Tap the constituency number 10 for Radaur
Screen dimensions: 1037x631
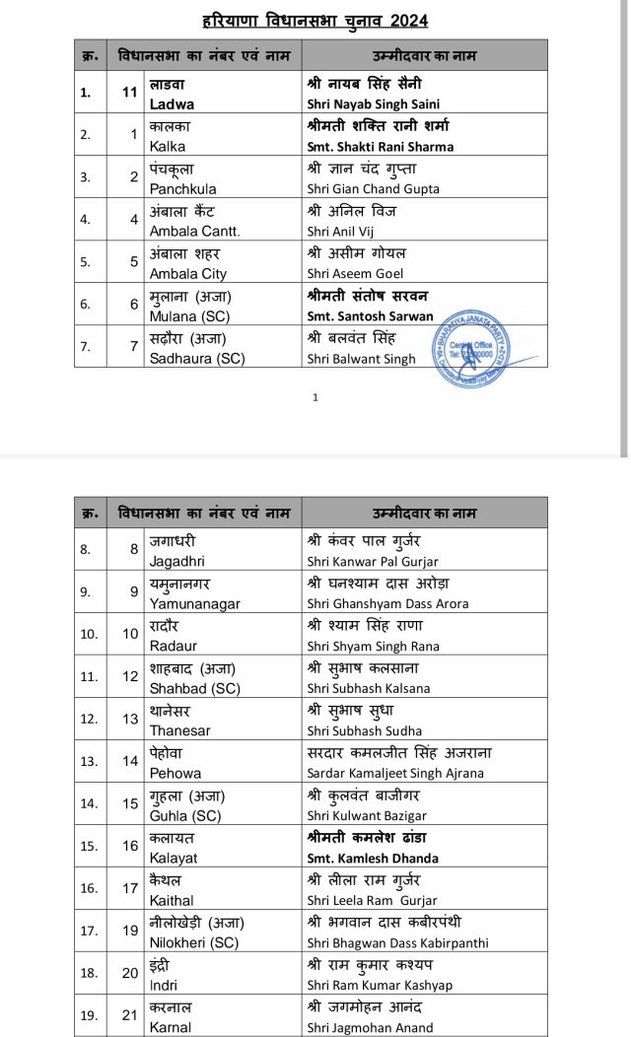[x=130, y=634]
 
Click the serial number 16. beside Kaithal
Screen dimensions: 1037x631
[x=90, y=888]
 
